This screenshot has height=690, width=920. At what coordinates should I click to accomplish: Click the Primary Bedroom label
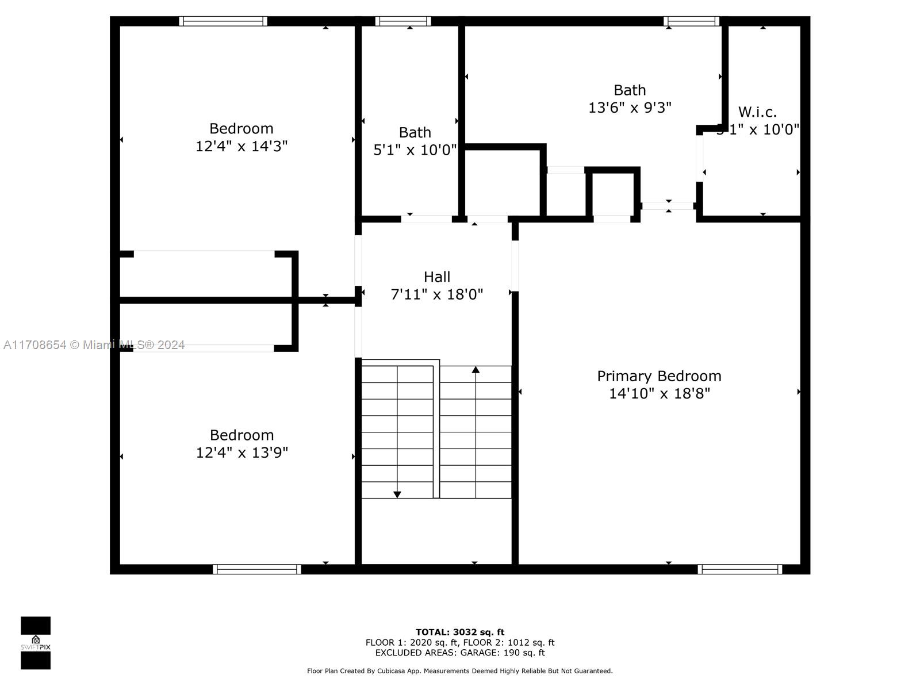659,376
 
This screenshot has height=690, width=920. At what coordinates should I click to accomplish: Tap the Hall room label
437,277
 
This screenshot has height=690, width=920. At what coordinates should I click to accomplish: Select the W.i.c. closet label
757,112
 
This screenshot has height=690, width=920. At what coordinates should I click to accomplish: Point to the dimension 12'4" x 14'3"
241,146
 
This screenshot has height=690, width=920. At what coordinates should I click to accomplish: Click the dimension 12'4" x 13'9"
242,453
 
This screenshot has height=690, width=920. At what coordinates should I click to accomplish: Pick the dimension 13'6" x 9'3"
630,108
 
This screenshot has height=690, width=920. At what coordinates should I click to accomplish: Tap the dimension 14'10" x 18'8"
660,393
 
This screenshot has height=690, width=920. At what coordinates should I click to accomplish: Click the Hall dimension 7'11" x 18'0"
437,294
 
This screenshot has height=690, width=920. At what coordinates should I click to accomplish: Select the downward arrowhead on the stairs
397,494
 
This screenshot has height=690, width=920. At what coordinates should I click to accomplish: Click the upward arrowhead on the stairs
476,370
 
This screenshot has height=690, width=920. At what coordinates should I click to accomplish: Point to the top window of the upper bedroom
223,21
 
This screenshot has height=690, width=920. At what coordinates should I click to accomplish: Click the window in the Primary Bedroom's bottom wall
740,569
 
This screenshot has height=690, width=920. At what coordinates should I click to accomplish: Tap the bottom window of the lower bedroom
256,569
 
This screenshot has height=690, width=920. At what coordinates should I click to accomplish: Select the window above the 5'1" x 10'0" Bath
403,21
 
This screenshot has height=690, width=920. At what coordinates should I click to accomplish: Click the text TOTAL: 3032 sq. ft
460,632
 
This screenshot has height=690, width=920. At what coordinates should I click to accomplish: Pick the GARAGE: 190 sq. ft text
511,653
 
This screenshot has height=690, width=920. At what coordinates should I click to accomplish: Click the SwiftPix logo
36,643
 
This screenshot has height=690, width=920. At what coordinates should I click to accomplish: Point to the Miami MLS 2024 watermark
94,345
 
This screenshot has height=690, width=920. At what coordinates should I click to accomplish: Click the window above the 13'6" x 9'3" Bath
691,21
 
